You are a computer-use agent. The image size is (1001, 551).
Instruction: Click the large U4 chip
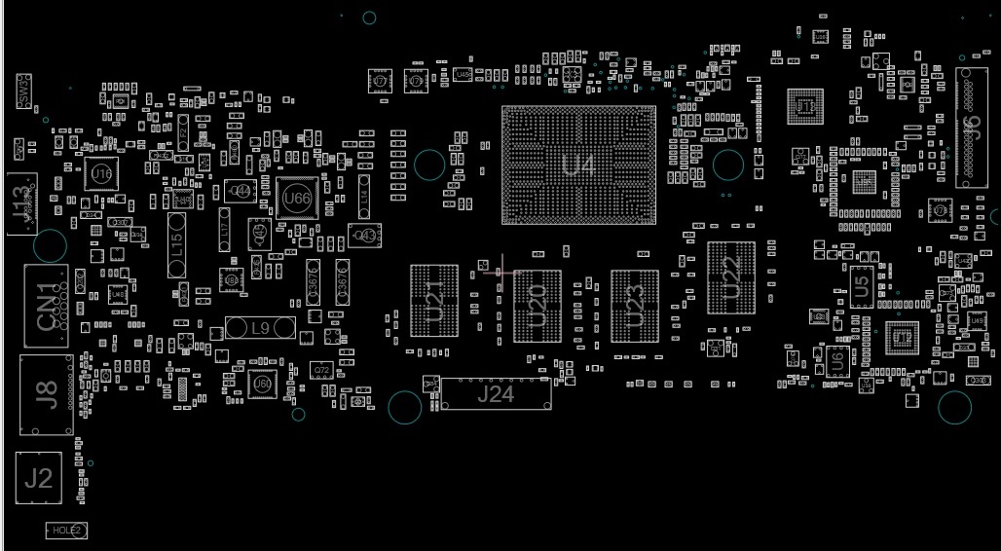[x=578, y=165]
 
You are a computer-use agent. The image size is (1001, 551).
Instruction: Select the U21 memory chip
[x=434, y=301]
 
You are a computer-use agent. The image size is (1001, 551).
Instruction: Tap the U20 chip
[x=537, y=306]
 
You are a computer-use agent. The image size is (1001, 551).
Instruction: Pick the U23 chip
[x=634, y=306]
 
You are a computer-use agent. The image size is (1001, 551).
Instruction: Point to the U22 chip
[x=731, y=276]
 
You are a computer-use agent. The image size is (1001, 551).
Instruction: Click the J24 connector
[x=496, y=394]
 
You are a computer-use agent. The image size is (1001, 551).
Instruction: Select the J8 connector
[x=46, y=394]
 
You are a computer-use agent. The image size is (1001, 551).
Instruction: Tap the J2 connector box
[x=38, y=478]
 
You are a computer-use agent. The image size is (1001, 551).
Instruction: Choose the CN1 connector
[x=46, y=304]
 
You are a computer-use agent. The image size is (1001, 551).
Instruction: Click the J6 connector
[x=970, y=127]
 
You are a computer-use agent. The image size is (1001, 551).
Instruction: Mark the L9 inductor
[x=260, y=328]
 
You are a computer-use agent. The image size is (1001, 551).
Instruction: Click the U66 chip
[x=296, y=199]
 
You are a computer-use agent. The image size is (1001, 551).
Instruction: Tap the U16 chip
[x=101, y=173]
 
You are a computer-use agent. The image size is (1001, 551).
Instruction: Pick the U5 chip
[x=861, y=286]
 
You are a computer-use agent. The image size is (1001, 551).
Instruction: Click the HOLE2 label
[x=67, y=531]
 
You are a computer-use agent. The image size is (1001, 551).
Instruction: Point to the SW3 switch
[x=24, y=91]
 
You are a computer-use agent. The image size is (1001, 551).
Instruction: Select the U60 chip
[x=261, y=384]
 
